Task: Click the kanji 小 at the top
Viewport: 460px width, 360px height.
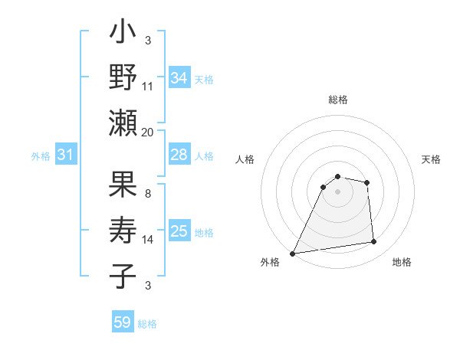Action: (123, 36)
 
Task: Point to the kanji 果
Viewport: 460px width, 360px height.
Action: (123, 186)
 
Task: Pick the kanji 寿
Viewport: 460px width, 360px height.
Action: (123, 231)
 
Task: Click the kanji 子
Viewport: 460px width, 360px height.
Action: (123, 276)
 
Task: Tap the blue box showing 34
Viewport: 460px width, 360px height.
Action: (179, 78)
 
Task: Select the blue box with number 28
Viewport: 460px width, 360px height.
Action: (179, 155)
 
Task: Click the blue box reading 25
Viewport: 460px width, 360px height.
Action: (179, 231)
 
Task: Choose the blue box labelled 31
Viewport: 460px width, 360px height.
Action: (66, 155)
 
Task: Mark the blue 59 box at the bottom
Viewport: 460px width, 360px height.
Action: (123, 322)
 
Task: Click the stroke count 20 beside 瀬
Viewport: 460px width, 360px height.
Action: (148, 132)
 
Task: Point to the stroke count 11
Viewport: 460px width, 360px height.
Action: (148, 87)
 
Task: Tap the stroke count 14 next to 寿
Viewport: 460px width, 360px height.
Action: (148, 240)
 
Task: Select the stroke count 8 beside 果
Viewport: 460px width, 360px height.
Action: (148, 195)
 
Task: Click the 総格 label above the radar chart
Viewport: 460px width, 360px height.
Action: (338, 100)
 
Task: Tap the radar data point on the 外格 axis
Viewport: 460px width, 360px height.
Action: (292, 253)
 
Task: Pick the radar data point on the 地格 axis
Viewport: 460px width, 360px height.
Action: (374, 242)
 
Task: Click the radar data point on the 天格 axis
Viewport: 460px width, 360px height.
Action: (367, 182)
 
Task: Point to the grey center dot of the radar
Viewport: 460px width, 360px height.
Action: (338, 191)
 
